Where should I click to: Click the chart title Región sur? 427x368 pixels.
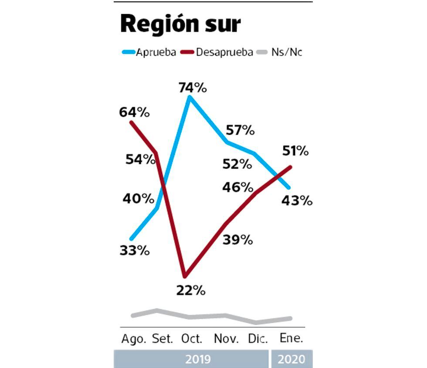point(180,24)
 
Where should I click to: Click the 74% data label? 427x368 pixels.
point(192,88)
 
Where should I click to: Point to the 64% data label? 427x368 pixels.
point(134,112)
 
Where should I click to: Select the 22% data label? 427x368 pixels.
point(191,290)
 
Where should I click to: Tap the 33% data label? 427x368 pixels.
point(135,251)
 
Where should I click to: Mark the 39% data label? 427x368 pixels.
point(237,240)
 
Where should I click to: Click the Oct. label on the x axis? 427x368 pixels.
point(190,339)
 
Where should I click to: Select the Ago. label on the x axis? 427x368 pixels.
point(134,339)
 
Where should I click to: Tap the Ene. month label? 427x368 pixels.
point(291,339)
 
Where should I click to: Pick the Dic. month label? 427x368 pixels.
point(258,339)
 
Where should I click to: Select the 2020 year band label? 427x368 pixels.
point(291,359)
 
